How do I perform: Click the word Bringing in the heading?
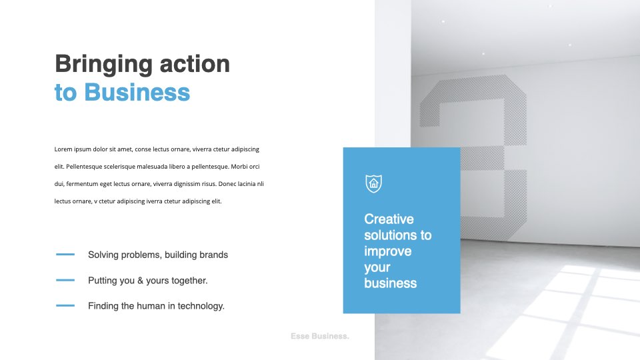[104, 65]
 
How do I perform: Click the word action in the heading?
[195, 64]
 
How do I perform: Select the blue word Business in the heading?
[137, 92]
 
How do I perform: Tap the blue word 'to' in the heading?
[66, 93]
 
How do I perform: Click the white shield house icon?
[373, 183]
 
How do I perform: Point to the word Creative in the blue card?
[389, 219]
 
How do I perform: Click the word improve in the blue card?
[388, 251]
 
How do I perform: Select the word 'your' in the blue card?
[377, 268]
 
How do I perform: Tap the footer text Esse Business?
[320, 336]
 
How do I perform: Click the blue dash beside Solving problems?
[65, 254]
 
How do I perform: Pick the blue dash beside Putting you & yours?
[65, 280]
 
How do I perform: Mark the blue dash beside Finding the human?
[65, 305]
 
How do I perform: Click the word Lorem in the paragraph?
[63, 149]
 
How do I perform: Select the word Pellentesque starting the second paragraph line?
[84, 167]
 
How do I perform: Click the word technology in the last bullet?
[201, 306]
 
